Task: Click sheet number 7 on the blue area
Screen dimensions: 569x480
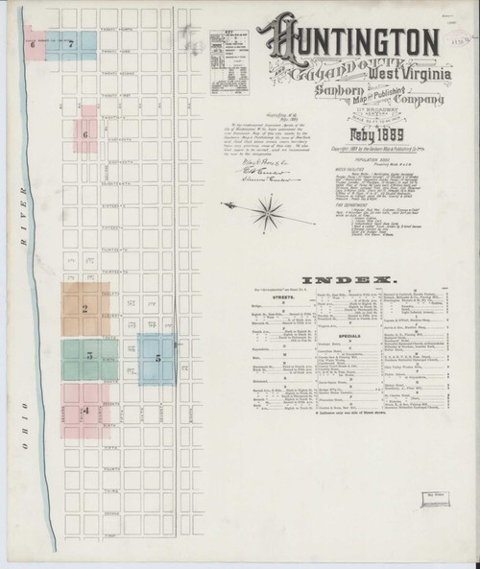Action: [x=70, y=44]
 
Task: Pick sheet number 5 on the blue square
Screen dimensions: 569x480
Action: [x=156, y=358]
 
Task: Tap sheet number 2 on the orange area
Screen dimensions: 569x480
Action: [x=85, y=308]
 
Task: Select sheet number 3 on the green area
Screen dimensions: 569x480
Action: [x=89, y=356]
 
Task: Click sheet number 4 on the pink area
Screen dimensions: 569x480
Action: [x=85, y=412]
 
